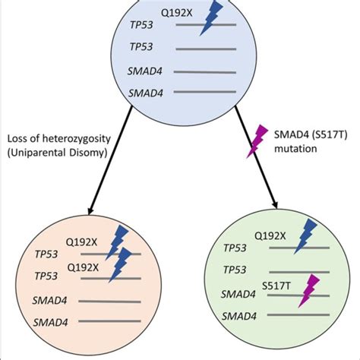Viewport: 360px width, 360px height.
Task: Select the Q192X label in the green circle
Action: click(270, 236)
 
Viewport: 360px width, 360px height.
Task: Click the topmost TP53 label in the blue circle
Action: click(144, 26)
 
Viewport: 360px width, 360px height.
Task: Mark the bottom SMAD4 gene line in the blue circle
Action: click(207, 93)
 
